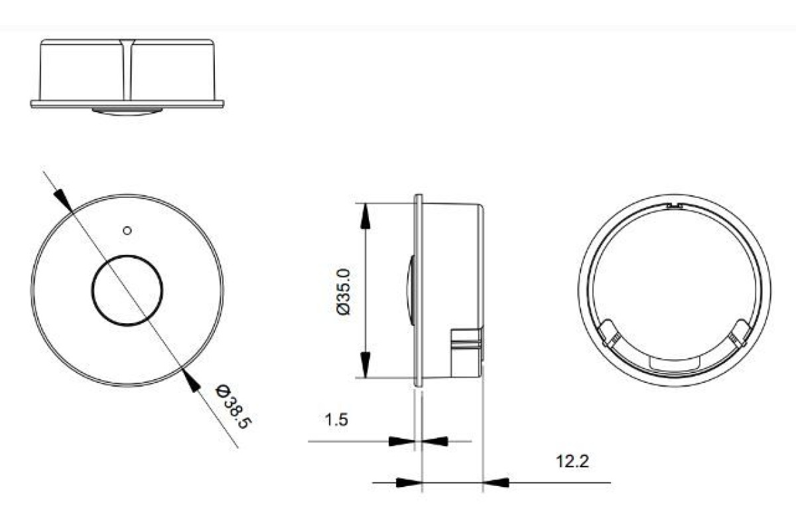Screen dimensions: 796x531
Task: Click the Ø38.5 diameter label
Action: click(233, 406)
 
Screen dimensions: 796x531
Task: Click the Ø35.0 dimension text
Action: click(344, 292)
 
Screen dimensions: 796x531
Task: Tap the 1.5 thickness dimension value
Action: click(336, 419)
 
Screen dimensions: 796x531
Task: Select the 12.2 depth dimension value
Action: click(572, 461)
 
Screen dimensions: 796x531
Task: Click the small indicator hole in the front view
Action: click(127, 231)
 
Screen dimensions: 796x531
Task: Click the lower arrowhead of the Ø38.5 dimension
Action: click(191, 381)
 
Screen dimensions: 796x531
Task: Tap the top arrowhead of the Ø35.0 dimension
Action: click(365, 216)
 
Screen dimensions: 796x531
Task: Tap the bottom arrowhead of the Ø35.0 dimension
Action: click(365, 364)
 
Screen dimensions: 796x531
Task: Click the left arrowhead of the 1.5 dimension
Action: click(401, 441)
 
